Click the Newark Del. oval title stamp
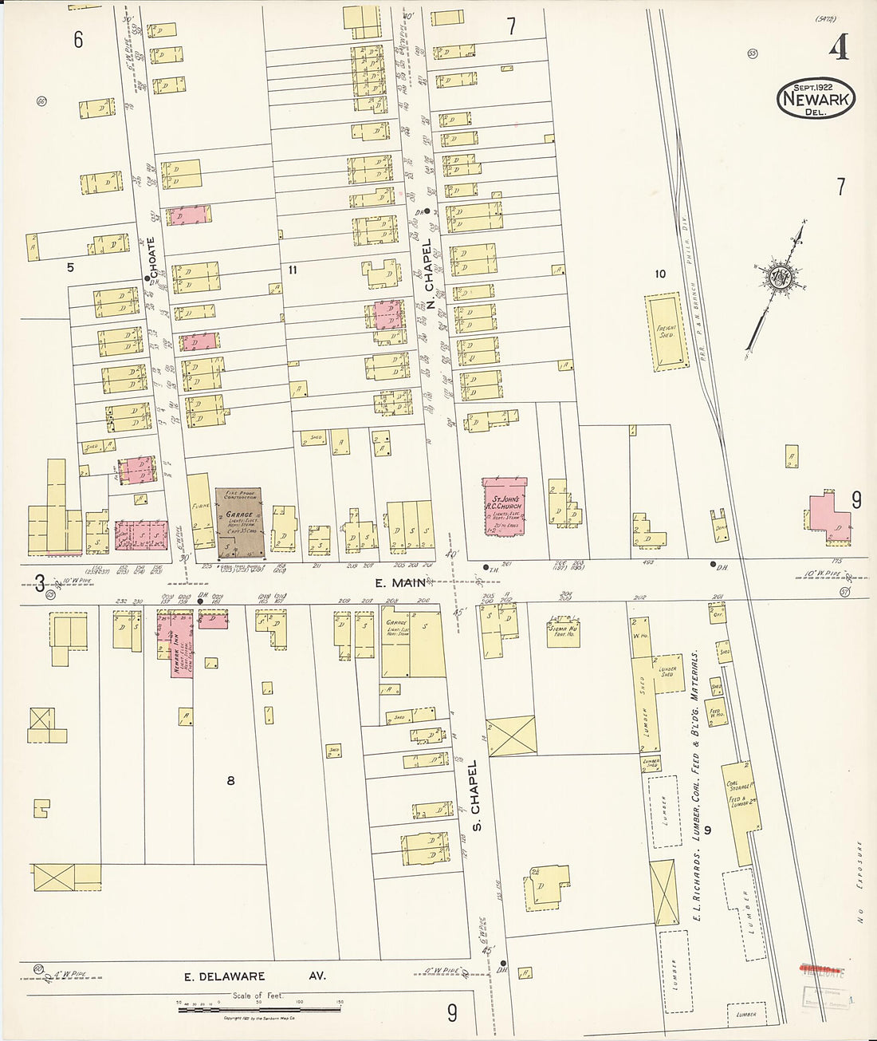815,99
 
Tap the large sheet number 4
837,48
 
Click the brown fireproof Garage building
239,522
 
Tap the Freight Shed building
666,332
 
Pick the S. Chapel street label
476,795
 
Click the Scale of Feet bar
258,1009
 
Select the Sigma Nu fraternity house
562,630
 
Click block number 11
293,270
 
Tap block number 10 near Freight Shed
659,274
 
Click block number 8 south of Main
230,780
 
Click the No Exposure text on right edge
860,881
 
